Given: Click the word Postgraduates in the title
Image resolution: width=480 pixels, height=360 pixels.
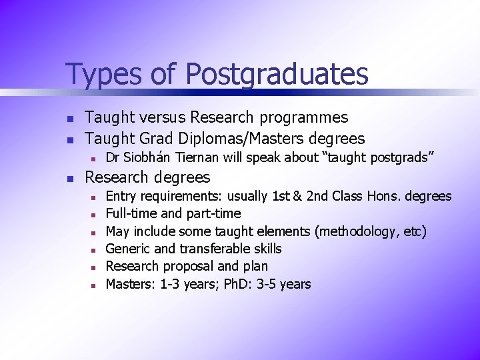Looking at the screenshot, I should pyautogui.click(x=277, y=75).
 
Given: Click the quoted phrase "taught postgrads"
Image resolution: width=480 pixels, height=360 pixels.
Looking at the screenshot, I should pyautogui.click(x=379, y=157).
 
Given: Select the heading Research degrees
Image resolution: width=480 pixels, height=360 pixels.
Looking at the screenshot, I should pyautogui.click(x=147, y=177).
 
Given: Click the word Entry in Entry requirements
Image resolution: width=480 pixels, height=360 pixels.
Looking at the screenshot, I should pyautogui.click(x=121, y=196).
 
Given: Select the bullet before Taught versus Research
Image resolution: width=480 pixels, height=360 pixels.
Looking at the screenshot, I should pyautogui.click(x=69, y=119).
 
